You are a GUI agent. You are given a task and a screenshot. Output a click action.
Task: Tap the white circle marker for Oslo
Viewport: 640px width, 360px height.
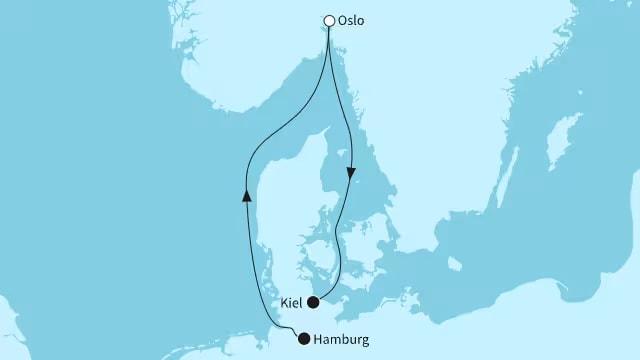(329, 20)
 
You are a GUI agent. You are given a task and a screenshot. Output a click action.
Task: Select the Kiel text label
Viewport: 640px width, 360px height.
(292, 302)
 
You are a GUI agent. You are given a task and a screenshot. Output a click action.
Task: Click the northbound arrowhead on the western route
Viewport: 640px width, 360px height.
(246, 196)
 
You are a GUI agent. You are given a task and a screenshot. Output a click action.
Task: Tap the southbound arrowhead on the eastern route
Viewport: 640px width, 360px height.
(352, 173)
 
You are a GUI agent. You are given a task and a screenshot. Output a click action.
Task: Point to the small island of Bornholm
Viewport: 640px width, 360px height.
(455, 264)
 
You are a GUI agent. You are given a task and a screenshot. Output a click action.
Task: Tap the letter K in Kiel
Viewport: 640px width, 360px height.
(284, 302)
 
